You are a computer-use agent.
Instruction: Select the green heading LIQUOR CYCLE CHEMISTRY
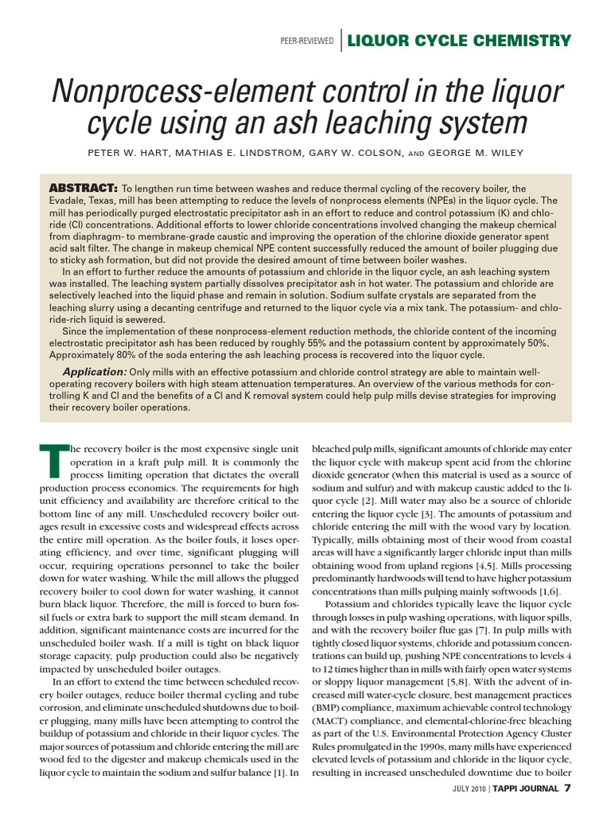[x=461, y=41]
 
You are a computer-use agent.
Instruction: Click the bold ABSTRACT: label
[x=84, y=188]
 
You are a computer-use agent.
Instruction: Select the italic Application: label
[x=94, y=372]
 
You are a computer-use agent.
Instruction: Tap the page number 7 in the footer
[x=567, y=789]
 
